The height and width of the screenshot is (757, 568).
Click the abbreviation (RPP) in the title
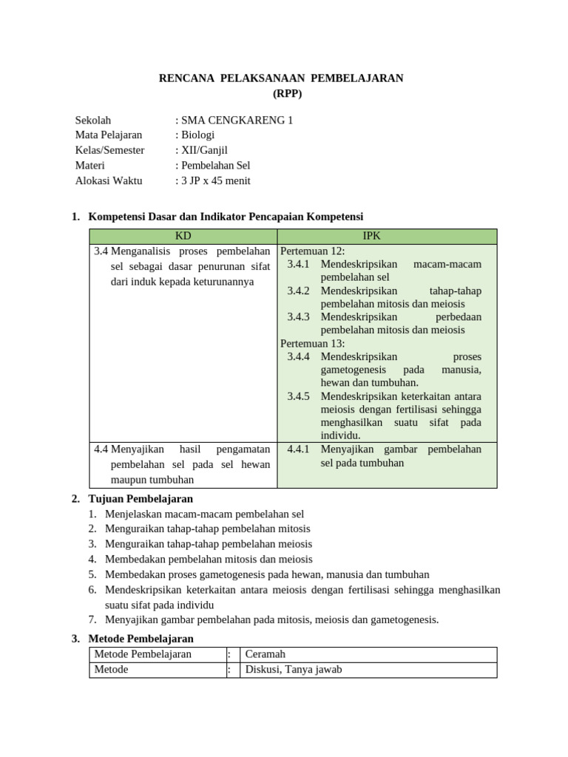(x=282, y=94)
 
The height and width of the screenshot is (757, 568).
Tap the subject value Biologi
(x=197, y=135)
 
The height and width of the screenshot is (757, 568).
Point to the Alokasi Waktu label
(x=109, y=180)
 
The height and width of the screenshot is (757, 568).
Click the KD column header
(x=183, y=237)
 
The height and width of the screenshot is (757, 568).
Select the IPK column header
(x=387, y=237)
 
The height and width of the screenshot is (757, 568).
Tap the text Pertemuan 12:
(x=313, y=251)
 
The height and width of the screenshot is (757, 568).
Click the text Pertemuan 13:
(x=313, y=344)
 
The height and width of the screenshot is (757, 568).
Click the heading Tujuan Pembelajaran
(x=141, y=499)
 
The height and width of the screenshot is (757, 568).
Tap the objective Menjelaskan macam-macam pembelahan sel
(x=205, y=514)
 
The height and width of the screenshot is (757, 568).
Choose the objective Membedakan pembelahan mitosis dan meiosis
(x=209, y=560)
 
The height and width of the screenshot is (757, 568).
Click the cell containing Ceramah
(x=266, y=654)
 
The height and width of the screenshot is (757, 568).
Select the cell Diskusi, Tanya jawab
(x=294, y=670)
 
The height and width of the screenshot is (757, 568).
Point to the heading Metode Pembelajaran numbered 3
(x=141, y=639)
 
